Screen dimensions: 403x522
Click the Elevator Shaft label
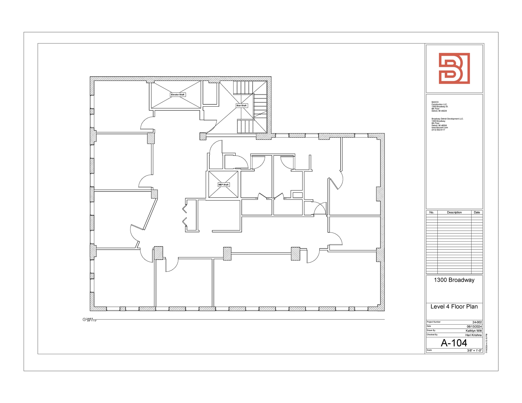pyautogui.click(x=178, y=95)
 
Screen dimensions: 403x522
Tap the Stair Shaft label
pyautogui.click(x=241, y=106)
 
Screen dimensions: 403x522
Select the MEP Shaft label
pyautogui.click(x=224, y=185)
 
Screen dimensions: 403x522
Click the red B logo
pyautogui.click(x=454, y=68)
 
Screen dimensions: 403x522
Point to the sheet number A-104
pyautogui.click(x=454, y=343)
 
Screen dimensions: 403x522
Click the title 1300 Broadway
pyautogui.click(x=454, y=280)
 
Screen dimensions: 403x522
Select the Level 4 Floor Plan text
pyautogui.click(x=454, y=307)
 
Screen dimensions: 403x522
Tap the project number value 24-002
pyautogui.click(x=477, y=322)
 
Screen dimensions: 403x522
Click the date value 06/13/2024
pyautogui.click(x=474, y=327)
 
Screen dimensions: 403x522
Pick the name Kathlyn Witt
pyautogui.click(x=474, y=331)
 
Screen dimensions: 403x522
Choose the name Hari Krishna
pyautogui.click(x=473, y=335)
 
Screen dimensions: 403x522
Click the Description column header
pyautogui.click(x=454, y=212)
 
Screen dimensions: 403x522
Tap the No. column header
pyautogui.click(x=432, y=212)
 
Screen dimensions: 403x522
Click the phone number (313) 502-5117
pyautogui.click(x=438, y=130)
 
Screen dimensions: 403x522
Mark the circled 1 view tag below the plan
pyautogui.click(x=84, y=319)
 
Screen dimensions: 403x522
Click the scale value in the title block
pyautogui.click(x=474, y=350)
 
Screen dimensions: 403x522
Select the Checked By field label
pyautogui.click(x=432, y=335)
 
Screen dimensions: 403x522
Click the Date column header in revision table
pyautogui.click(x=477, y=212)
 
